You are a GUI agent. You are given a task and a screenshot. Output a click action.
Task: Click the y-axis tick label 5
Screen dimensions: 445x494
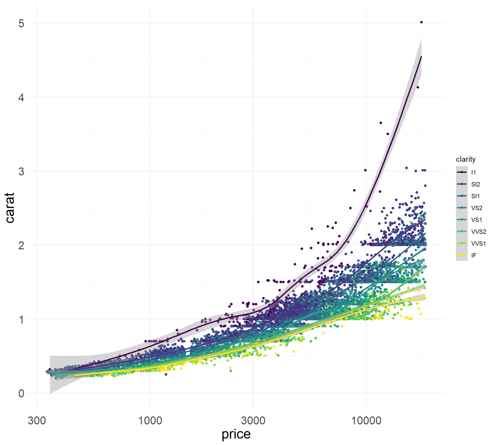(21, 23)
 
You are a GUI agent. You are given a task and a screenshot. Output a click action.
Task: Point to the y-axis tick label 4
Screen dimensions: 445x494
(21, 98)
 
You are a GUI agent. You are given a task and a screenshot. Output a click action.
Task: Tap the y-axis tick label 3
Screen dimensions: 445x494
(21, 172)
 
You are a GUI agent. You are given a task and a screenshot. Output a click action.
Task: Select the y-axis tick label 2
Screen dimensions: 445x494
(21, 245)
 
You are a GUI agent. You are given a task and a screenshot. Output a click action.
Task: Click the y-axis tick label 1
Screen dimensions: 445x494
(21, 320)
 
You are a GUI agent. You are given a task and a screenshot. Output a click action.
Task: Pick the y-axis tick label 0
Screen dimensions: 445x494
(21, 393)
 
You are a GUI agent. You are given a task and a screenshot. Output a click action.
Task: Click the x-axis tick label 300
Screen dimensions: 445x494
(37, 421)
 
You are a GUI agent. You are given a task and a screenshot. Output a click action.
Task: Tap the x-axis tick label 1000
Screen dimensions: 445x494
(150, 421)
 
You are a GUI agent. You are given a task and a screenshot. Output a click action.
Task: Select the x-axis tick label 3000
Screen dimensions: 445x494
(253, 421)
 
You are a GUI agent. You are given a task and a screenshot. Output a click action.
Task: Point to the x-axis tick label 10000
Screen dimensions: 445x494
(366, 421)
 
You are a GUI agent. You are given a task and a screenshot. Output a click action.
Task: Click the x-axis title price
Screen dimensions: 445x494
(236, 434)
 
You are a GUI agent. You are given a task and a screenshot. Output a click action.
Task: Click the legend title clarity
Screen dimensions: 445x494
(465, 159)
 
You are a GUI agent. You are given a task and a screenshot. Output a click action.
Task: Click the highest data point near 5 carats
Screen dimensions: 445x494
(421, 22)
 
